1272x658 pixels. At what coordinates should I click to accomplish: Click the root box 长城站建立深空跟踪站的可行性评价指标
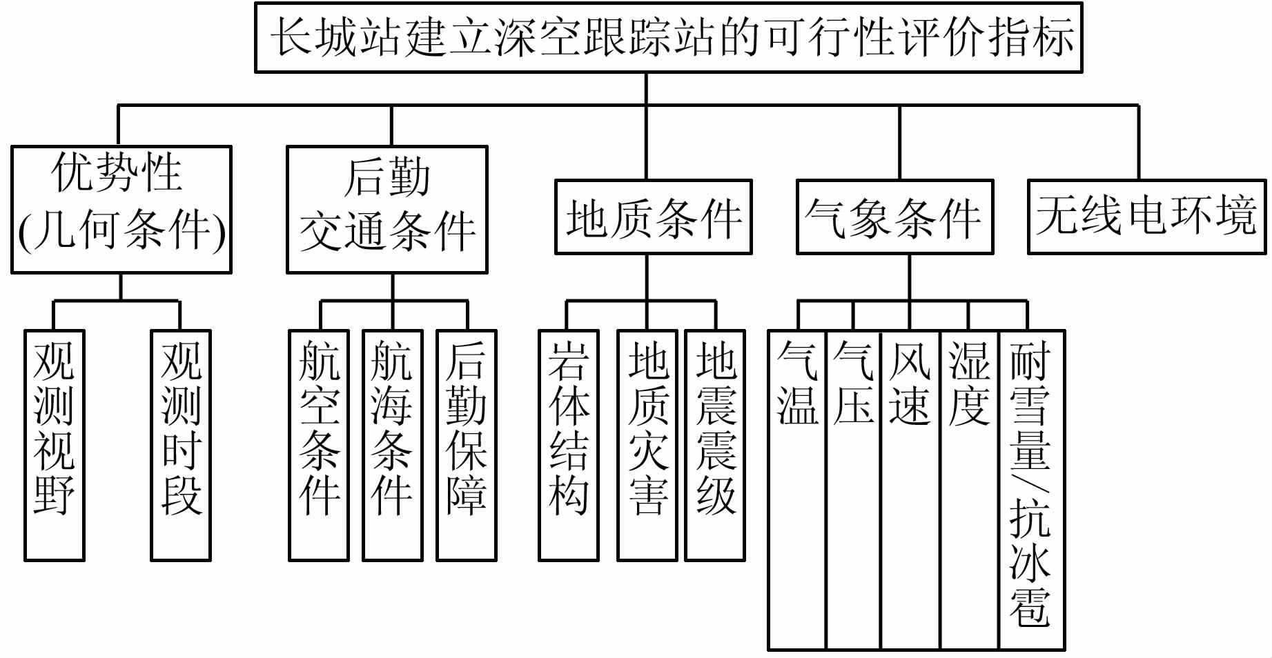tap(668, 38)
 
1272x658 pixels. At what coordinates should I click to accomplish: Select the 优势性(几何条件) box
tap(121, 210)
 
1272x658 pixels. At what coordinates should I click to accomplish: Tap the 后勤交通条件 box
tap(387, 210)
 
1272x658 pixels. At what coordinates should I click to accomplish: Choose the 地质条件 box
tap(653, 217)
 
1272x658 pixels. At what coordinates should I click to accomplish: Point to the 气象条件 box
tap(894, 217)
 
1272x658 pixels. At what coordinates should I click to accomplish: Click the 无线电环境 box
tap(1146, 217)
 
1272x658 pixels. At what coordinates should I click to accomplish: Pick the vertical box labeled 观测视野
tap(55, 445)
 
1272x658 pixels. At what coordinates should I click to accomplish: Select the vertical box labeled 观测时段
tap(181, 445)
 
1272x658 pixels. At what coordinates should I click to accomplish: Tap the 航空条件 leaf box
tap(319, 445)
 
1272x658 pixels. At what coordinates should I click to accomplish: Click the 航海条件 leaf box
tap(392, 445)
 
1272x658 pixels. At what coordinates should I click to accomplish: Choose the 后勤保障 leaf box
tap(467, 445)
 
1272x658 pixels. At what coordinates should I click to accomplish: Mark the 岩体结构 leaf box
tap(568, 445)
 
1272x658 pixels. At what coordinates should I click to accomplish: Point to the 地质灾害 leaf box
tap(647, 445)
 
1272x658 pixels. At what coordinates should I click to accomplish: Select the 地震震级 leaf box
tap(715, 445)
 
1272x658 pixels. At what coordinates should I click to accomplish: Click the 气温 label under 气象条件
tap(797, 383)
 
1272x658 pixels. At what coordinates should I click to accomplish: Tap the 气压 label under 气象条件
tap(853, 383)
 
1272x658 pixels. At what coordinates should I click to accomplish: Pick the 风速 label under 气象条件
tap(910, 383)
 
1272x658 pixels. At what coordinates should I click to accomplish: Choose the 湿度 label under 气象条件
tap(969, 383)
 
